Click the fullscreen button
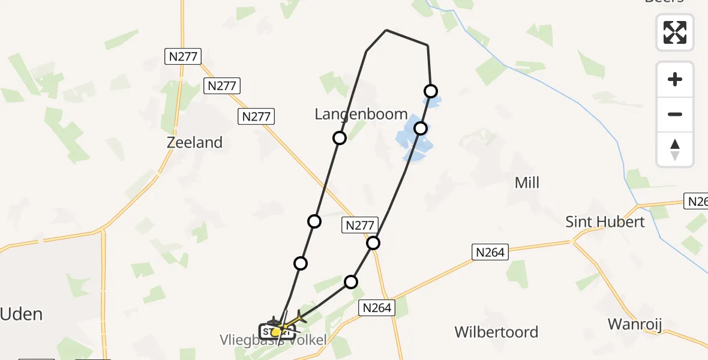pos(675,32)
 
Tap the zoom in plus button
pos(675,79)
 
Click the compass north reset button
pos(675,149)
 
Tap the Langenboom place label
pos(361,114)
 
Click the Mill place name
pos(527,182)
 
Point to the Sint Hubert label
pos(605,222)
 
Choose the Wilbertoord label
pos(496,332)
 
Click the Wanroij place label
pos(634,325)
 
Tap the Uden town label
pos(22,314)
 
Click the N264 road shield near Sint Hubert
pos(490,253)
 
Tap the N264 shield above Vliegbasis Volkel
pos(377,308)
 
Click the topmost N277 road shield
pos(182,57)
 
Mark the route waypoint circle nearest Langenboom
pos(340,138)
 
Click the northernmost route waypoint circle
pos(431,91)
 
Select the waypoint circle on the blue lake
pos(421,128)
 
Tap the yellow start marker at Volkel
pos(275,332)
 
